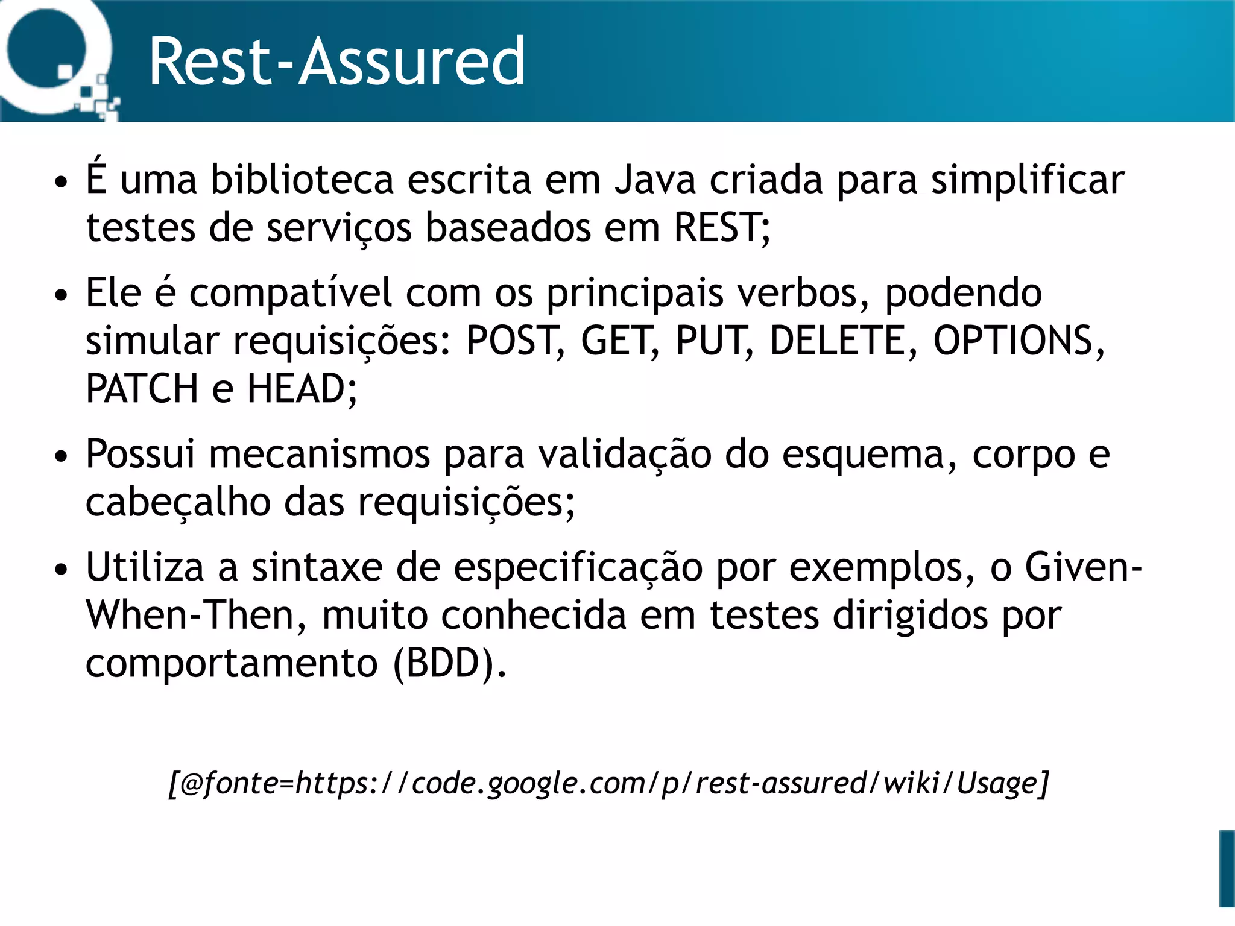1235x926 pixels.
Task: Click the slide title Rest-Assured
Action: coord(336,61)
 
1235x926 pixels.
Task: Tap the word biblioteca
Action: coord(302,180)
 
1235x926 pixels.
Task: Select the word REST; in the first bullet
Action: coord(722,228)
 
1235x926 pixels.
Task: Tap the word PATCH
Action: coord(142,389)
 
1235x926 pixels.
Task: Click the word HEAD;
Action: coord(302,389)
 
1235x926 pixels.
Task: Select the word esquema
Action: coord(869,454)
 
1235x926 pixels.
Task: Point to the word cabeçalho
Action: coord(178,502)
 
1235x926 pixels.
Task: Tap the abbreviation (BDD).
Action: coord(449,663)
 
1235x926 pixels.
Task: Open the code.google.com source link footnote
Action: coord(609,784)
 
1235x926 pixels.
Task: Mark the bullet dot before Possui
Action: coord(61,456)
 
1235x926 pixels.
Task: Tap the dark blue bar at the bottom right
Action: coord(1227,868)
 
